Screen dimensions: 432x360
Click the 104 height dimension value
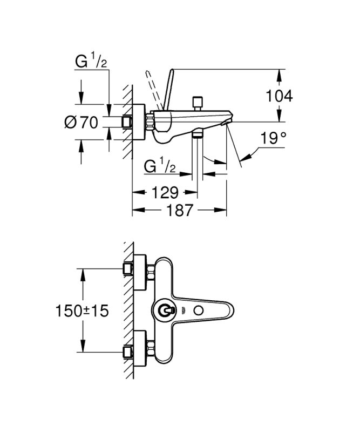click(280, 96)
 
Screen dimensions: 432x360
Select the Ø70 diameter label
click(81, 123)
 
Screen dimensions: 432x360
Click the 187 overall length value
click(180, 210)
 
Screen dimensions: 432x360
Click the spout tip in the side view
click(228, 119)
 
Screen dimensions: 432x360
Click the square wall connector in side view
click(127, 122)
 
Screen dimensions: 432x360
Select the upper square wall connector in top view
click(128, 268)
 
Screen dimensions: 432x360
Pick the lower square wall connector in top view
click(128, 353)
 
